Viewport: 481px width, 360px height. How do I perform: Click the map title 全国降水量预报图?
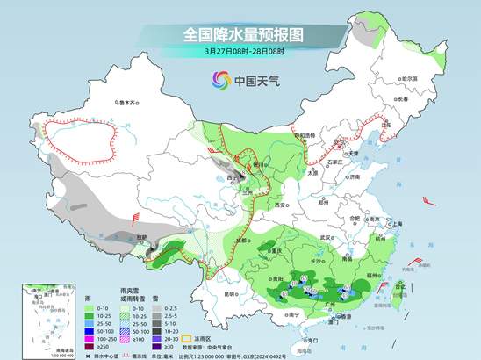(243, 34)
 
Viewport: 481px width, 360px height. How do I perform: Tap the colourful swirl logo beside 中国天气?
(217, 81)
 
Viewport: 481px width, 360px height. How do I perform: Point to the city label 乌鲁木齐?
(126, 103)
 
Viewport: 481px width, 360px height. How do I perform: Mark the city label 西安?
(280, 204)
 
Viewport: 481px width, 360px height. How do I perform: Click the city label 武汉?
(327, 237)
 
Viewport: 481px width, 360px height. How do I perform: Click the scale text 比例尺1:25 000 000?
(207, 355)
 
